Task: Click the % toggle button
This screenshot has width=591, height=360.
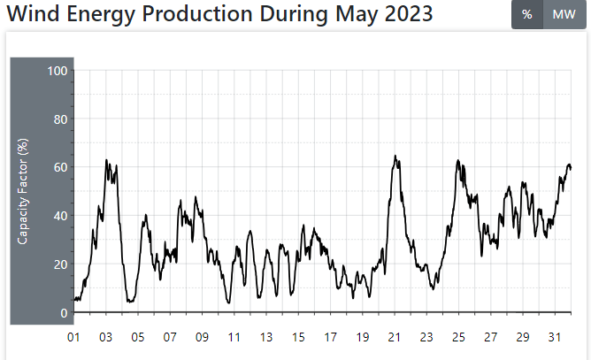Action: (x=526, y=14)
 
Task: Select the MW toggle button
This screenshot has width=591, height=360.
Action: (x=564, y=14)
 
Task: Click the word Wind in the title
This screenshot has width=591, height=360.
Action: (x=32, y=14)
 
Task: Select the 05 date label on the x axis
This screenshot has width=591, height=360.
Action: (x=138, y=337)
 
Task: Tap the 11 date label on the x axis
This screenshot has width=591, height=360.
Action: (x=234, y=337)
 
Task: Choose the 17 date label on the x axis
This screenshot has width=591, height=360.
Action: (x=330, y=337)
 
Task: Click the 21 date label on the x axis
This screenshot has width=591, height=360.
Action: (x=395, y=337)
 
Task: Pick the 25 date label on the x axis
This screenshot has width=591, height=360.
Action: (x=458, y=337)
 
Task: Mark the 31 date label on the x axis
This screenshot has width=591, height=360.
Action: (x=555, y=337)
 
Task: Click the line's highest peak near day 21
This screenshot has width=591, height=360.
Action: (x=395, y=157)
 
